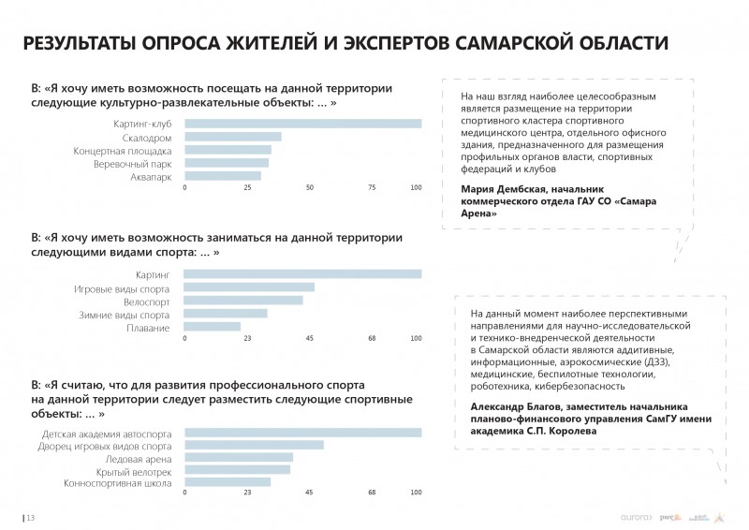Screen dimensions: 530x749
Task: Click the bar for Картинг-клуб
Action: pyautogui.click(x=302, y=124)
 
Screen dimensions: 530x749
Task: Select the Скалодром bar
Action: pyautogui.click(x=232, y=137)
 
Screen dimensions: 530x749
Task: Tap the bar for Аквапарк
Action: pyautogui.click(x=222, y=175)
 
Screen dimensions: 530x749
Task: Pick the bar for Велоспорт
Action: pyautogui.click(x=243, y=301)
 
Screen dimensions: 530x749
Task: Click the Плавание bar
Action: pyautogui.click(x=213, y=327)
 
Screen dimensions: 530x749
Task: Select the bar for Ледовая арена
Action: pyautogui.click(x=239, y=457)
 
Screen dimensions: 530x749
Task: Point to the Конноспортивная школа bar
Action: pyautogui.click(x=228, y=482)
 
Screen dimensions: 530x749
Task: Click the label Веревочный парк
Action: pyautogui.click(x=133, y=163)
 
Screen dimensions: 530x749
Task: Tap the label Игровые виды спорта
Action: pyautogui.click(x=122, y=287)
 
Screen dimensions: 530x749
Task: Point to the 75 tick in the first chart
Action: pyautogui.click(x=372, y=188)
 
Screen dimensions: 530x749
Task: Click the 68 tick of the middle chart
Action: pyautogui.click(x=372, y=338)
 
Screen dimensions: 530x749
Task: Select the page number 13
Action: pyautogui.click(x=31, y=517)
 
